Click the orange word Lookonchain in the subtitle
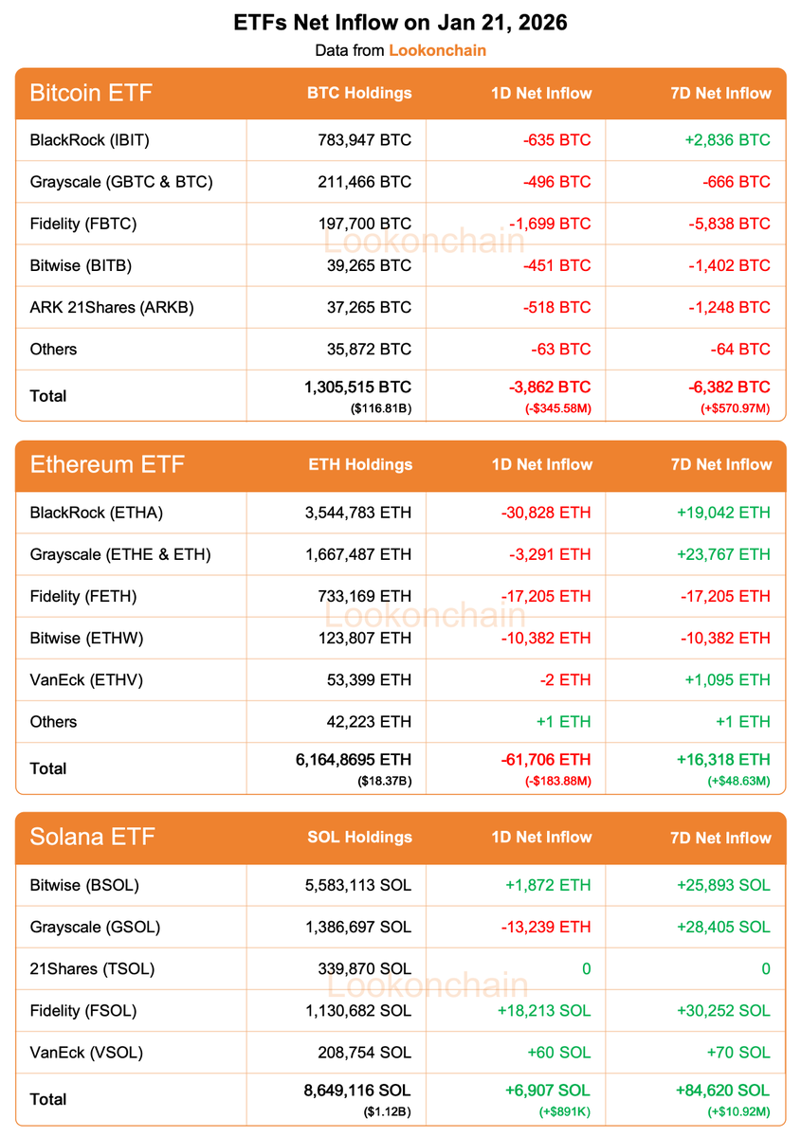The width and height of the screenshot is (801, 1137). coord(437,50)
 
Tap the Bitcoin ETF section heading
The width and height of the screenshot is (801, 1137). coord(91,93)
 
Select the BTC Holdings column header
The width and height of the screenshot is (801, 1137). coord(359,93)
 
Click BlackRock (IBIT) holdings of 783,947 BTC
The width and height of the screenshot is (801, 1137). coord(365,140)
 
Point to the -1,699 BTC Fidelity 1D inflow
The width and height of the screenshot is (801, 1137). coord(549,224)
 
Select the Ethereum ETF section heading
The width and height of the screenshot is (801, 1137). coord(107,465)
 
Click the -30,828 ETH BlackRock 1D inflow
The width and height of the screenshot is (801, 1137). coord(546,513)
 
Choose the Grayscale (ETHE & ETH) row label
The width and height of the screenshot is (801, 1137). coord(120,554)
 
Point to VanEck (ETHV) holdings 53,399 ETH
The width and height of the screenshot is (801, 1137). coord(368,679)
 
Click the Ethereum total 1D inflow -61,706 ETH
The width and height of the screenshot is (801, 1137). coord(546,759)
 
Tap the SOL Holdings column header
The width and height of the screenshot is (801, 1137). coord(359,838)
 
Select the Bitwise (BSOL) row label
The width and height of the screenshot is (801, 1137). coord(84,885)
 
